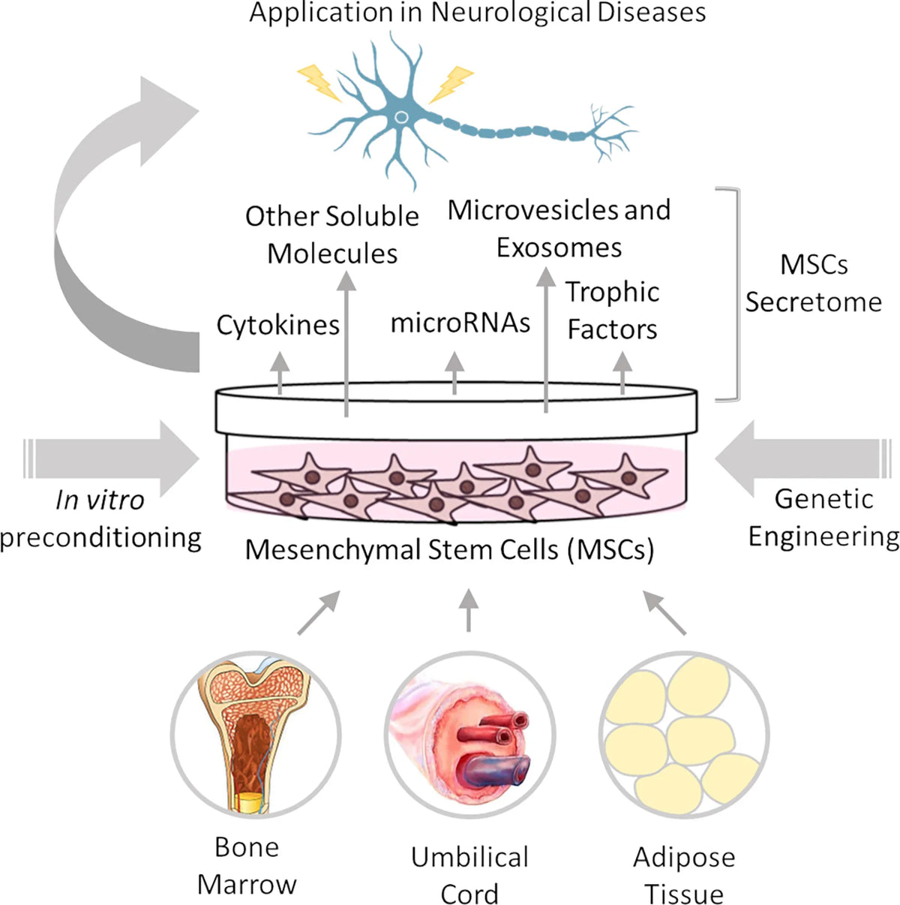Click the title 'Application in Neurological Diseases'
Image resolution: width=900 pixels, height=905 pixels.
click(x=478, y=12)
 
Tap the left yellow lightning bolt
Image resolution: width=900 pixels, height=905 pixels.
click(x=319, y=83)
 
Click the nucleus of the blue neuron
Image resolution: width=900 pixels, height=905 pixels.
click(x=400, y=117)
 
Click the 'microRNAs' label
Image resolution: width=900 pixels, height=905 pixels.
click(x=460, y=323)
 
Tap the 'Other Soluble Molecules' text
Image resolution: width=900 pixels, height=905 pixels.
click(x=332, y=235)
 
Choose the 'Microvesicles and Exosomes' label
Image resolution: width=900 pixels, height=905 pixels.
click(x=559, y=229)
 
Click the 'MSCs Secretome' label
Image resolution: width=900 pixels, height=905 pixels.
click(x=814, y=283)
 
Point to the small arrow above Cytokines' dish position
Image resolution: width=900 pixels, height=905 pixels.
click(x=280, y=374)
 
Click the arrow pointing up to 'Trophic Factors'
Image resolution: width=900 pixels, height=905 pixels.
click(x=622, y=374)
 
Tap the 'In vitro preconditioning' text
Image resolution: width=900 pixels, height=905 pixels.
click(x=100, y=519)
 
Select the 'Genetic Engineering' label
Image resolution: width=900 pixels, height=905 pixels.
click(x=824, y=518)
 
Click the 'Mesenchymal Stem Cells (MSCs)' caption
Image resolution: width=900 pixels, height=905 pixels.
click(x=449, y=549)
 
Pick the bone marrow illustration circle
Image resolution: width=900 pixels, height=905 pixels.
click(x=256, y=735)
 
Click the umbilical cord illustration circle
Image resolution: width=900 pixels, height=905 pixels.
click(x=470, y=735)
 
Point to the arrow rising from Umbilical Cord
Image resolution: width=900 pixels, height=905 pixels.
click(x=469, y=610)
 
